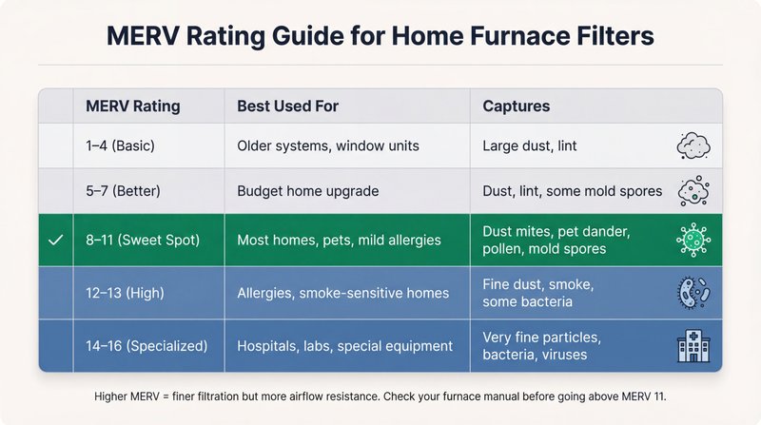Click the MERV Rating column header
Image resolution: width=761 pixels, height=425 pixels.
pyautogui.click(x=132, y=106)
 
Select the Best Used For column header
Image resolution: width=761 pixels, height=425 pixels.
pyautogui.click(x=288, y=106)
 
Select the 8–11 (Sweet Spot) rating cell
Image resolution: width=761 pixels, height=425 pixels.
pyautogui.click(x=143, y=240)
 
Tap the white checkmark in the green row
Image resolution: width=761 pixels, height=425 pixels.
pyautogui.click(x=55, y=240)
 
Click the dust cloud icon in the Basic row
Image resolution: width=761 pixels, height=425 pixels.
pyautogui.click(x=692, y=146)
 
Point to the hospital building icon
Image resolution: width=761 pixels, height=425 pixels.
pyautogui.click(x=692, y=346)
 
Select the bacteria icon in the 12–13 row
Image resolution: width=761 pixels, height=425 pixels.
pyautogui.click(x=692, y=293)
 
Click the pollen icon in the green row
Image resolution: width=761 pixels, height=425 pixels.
pyautogui.click(x=692, y=240)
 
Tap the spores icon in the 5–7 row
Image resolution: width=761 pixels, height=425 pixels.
pyautogui.click(x=692, y=191)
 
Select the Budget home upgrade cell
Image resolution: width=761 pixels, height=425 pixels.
pyautogui.click(x=307, y=191)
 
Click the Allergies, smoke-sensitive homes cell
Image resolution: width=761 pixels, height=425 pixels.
pyautogui.click(x=342, y=293)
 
